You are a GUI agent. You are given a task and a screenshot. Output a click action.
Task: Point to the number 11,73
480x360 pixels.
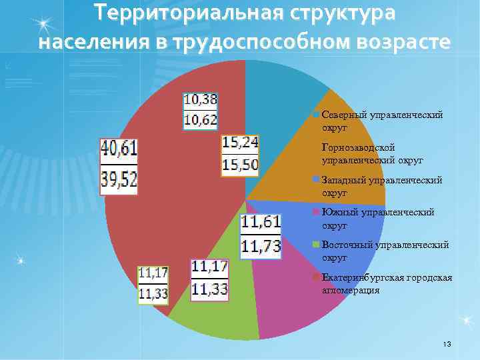coord(261,246)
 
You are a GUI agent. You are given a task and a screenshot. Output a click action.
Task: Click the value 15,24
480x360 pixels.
coord(240,142)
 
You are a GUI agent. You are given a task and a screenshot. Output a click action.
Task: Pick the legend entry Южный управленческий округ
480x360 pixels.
coord(377,218)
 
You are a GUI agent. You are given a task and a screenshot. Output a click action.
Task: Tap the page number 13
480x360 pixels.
coord(447,343)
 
